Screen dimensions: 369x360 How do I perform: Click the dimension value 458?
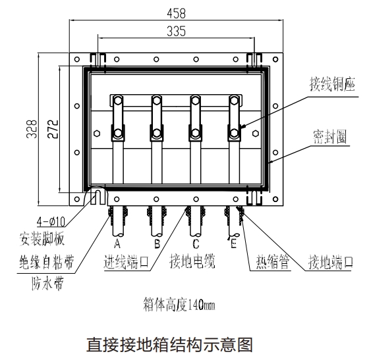177,13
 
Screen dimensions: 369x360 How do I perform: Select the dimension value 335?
177,31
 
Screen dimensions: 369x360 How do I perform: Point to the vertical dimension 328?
32,129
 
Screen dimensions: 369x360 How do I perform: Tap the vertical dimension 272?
53,129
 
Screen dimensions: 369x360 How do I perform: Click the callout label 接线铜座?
332,84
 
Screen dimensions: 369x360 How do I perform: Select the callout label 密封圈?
330,136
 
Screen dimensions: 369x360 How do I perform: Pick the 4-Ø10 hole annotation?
51,221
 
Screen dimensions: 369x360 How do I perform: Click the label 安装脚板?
42,239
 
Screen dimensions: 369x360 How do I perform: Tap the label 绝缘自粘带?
46,262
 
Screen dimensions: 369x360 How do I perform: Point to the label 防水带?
47,284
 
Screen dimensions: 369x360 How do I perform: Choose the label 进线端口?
126,262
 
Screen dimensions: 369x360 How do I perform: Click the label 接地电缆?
192,261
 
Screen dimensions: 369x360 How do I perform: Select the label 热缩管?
273,262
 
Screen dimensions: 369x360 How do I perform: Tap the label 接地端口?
331,262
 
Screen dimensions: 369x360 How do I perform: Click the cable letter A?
117,244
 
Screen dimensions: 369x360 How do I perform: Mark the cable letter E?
233,244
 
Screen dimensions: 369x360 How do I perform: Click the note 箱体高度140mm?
179,305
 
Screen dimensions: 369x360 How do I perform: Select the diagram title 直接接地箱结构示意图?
170,344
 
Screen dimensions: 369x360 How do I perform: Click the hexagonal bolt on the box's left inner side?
97,134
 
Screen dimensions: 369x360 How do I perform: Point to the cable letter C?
196,244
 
